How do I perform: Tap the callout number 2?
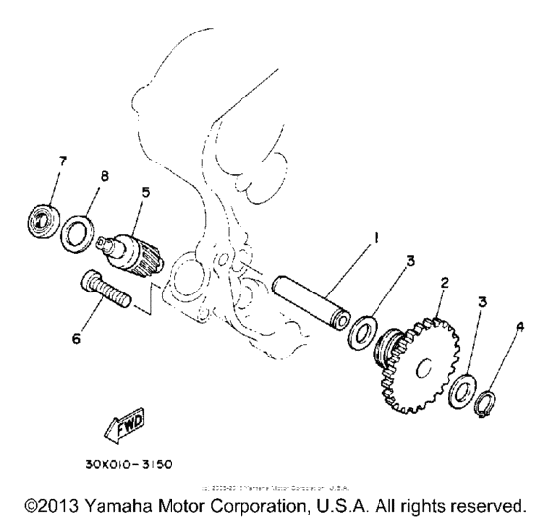pyautogui.click(x=445, y=284)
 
